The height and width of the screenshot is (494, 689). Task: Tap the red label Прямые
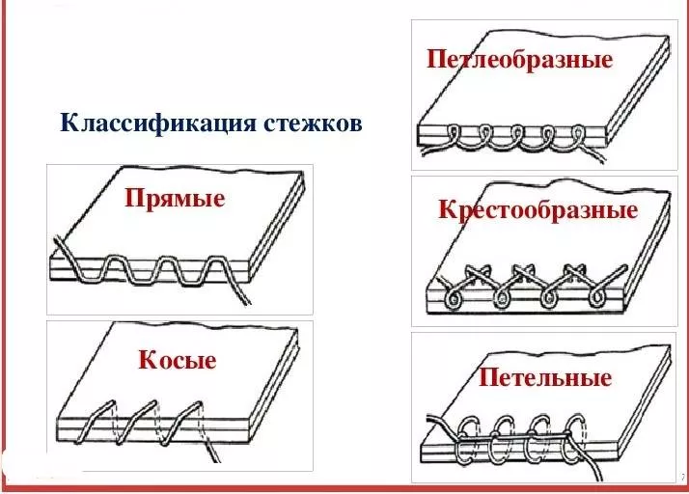[x=175, y=199]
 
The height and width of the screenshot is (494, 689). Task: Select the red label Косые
[x=177, y=360]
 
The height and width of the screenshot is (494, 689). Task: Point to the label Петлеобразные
[x=519, y=60]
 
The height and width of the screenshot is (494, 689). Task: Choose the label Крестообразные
[x=537, y=210]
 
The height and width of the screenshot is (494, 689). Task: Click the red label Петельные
[x=545, y=377]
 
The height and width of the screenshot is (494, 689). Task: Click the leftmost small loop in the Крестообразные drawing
[x=452, y=300]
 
